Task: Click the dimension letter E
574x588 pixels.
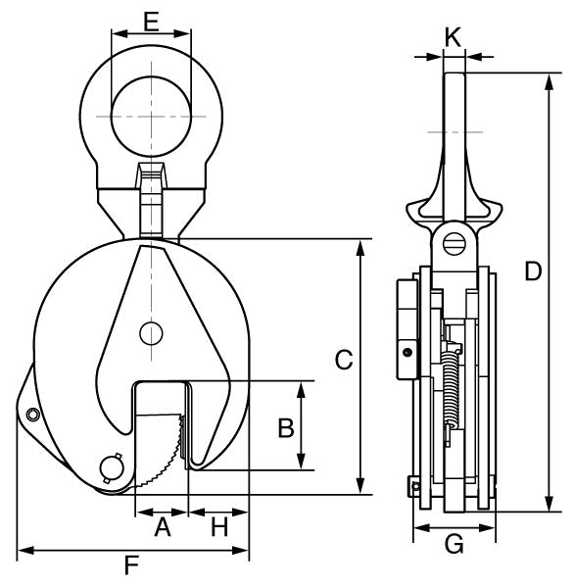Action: pos(150,21)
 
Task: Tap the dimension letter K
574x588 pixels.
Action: pos(453,37)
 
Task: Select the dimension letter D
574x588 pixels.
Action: pos(533,271)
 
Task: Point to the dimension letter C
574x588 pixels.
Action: pos(343,360)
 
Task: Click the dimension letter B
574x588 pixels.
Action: pos(285,427)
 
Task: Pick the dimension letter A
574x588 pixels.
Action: pos(163,528)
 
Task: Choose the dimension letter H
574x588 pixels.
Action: pos(219,528)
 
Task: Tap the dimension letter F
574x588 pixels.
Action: pos(130,565)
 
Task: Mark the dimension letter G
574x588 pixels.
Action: pos(454,543)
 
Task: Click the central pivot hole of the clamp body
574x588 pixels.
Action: pos(150,333)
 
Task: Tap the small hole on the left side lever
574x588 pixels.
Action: pos(32,416)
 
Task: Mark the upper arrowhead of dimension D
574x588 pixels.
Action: pos(547,77)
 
